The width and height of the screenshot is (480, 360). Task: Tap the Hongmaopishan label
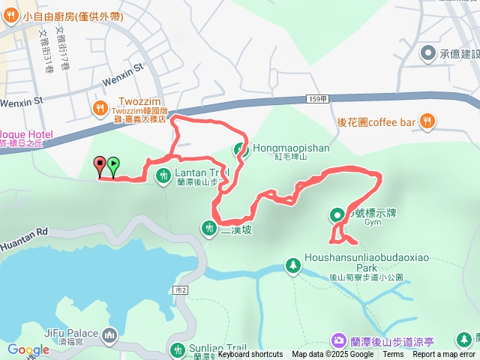tap(291, 148)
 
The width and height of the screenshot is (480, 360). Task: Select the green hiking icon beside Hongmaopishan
tap(241, 149)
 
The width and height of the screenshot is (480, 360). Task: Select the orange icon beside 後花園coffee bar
tap(427, 119)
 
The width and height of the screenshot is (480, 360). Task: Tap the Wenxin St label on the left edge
tap(23, 99)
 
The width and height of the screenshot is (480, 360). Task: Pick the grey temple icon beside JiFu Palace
tap(110, 334)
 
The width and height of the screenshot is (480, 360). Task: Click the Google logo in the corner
tap(28, 349)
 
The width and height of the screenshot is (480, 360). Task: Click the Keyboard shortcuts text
tap(250, 355)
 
